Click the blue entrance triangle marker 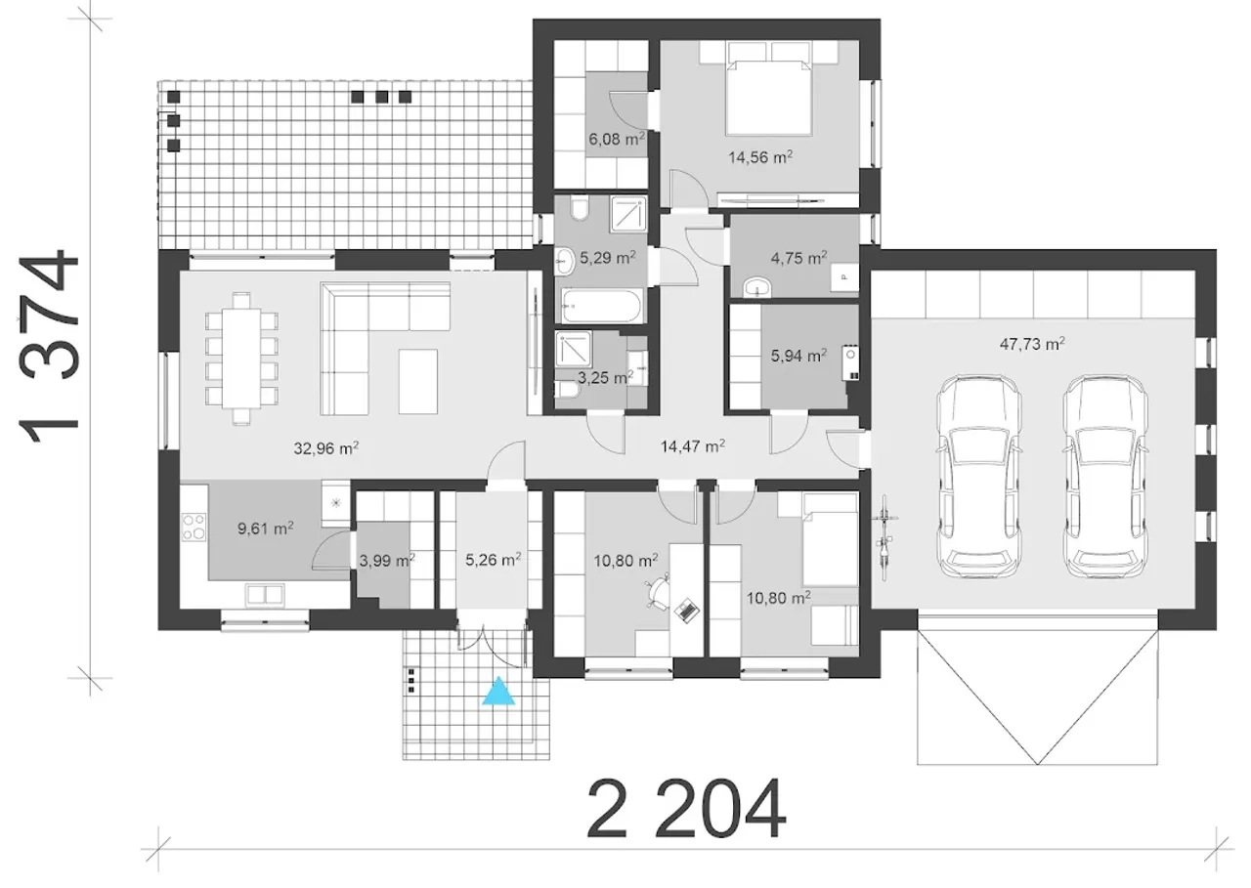point(498,692)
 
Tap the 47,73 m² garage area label point(1031,344)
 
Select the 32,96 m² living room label point(326,448)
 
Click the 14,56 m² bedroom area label point(760,157)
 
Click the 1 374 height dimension point(48,347)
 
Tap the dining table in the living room point(241,359)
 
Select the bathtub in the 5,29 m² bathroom point(602,306)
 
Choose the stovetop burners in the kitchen point(194,527)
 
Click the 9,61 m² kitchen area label point(266,528)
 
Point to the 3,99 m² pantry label point(386,560)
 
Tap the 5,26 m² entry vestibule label point(494,559)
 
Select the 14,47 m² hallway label point(693,445)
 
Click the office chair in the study point(659,593)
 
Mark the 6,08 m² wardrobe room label point(617,139)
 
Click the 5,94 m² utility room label point(798,356)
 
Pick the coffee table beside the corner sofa point(417,381)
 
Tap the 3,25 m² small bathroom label point(605,378)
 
